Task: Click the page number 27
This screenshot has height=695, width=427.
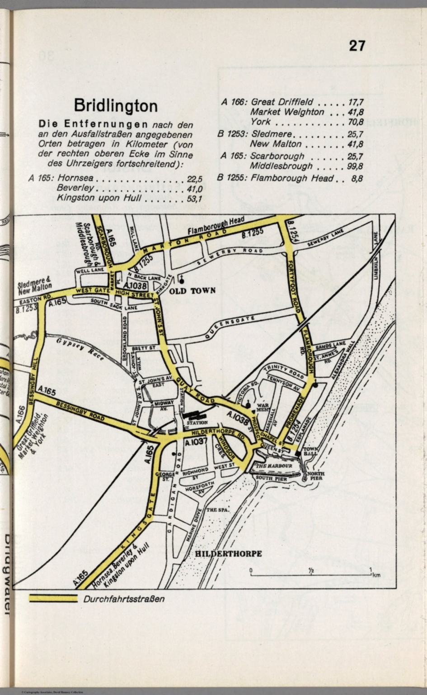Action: tap(357, 46)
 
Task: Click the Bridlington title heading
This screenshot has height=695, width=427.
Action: tap(116, 106)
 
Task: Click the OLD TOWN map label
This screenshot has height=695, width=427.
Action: tap(195, 290)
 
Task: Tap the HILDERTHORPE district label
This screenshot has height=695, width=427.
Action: tap(229, 553)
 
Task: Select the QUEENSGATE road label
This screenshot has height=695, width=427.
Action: tap(229, 328)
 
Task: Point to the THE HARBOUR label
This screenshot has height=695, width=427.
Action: tap(274, 466)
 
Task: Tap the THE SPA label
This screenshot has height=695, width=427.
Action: tap(218, 510)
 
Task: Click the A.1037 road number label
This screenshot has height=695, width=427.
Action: tap(196, 442)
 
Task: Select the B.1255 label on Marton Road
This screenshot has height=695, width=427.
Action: tap(253, 234)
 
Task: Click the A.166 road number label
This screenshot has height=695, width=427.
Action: tap(20, 415)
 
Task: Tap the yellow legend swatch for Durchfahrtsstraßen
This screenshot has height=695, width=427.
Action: tap(53, 598)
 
